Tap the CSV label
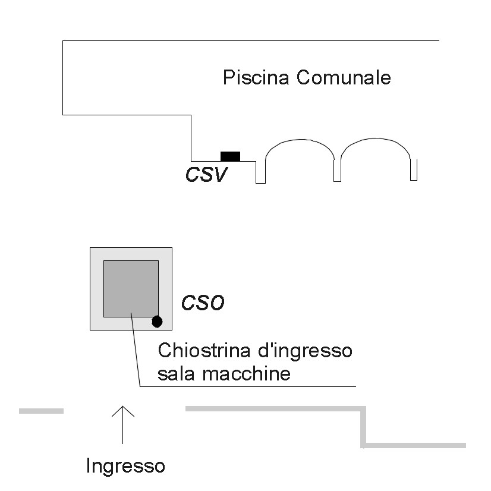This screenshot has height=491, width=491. coord(206,175)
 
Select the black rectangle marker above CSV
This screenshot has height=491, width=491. coord(230,156)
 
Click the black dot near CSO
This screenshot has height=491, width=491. coord(157,322)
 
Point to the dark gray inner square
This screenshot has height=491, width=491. coord(131,288)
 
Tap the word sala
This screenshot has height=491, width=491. coord(177,374)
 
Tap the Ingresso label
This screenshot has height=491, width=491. coord(125,465)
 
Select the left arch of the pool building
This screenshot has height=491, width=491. coord(299,152)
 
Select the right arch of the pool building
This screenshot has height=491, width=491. coord(376,152)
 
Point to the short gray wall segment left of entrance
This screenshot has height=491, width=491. coord(41,411)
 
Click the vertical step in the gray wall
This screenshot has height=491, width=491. coord(363,427)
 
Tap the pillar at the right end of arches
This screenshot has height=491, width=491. coord(414,171)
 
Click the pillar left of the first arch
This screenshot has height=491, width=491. coord(260,172)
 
